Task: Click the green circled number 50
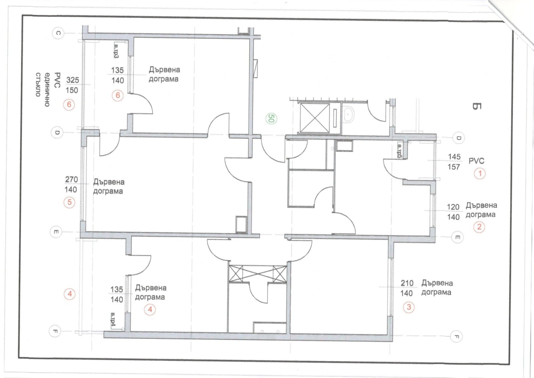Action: (271, 118)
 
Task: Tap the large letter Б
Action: (477, 106)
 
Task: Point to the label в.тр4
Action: (113, 320)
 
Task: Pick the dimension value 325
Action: (72, 80)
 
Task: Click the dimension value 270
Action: (71, 179)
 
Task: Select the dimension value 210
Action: (407, 283)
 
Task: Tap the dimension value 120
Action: (453, 207)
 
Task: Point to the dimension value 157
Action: (454, 167)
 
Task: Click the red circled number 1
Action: (480, 173)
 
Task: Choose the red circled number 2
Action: (479, 227)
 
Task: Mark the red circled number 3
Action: (409, 307)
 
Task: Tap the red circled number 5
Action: (69, 203)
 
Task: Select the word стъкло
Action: (38, 85)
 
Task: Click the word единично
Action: (47, 89)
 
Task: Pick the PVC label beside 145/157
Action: (476, 161)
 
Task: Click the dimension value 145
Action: (454, 157)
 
